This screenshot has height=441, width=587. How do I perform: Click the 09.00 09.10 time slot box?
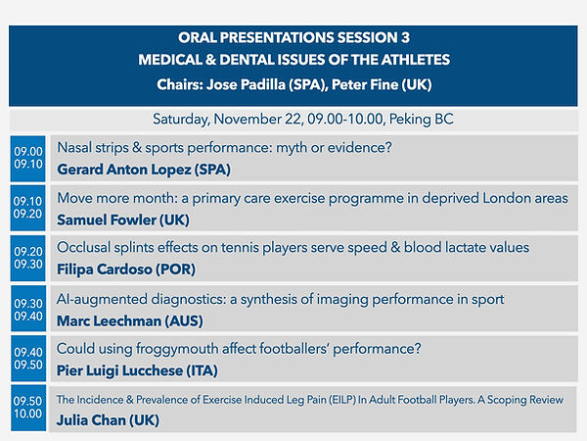click(x=27, y=158)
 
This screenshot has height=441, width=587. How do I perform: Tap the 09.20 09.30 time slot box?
click(x=27, y=258)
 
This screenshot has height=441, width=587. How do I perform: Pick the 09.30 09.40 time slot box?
click(x=27, y=309)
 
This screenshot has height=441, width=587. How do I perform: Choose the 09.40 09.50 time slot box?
click(x=27, y=359)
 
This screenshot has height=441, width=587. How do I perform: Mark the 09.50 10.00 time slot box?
click(x=27, y=408)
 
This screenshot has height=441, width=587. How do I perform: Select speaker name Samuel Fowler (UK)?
click(x=123, y=219)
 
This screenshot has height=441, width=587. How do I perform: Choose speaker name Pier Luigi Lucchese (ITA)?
click(x=137, y=369)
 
